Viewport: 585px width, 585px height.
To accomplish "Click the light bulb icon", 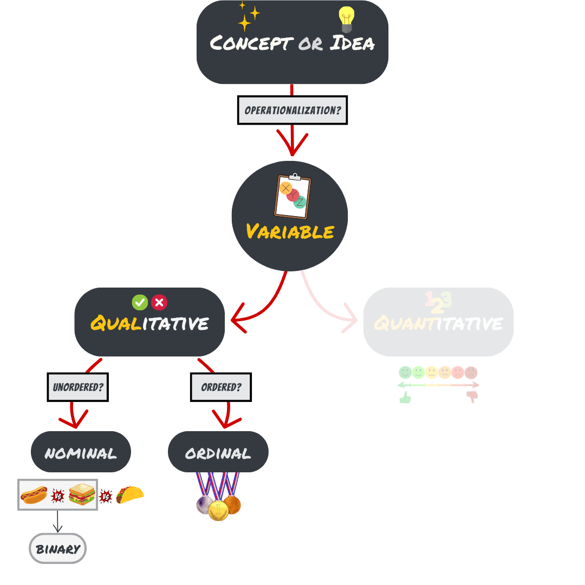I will pyautogui.click(x=346, y=20).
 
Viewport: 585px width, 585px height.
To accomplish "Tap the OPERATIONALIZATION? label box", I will pyautogui.click(x=292, y=110).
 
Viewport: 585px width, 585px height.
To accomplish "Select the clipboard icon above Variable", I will pyautogui.click(x=292, y=196).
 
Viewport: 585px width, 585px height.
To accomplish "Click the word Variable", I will pyautogui.click(x=290, y=232).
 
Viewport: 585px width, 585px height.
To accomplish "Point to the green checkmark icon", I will pyautogui.click(x=140, y=302).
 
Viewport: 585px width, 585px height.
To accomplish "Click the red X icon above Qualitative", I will pyautogui.click(x=159, y=302).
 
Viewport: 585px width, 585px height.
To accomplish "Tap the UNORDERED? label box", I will pyautogui.click(x=78, y=387).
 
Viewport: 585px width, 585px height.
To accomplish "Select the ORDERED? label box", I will pyautogui.click(x=221, y=387).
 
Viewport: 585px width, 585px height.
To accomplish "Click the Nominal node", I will pyautogui.click(x=81, y=452).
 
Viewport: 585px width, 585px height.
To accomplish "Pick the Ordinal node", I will pyautogui.click(x=218, y=452).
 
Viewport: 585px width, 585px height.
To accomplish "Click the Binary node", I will pyautogui.click(x=57, y=549).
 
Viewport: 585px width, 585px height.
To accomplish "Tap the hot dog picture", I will pyautogui.click(x=34, y=495).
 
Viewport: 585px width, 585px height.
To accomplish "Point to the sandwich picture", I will pyautogui.click(x=82, y=495).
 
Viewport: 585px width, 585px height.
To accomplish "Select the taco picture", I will pyautogui.click(x=130, y=494).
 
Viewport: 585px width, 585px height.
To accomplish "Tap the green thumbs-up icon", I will pyautogui.click(x=405, y=398).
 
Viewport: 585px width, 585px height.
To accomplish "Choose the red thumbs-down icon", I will pyautogui.click(x=472, y=397).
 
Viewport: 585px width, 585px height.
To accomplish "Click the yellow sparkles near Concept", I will pyautogui.click(x=248, y=16).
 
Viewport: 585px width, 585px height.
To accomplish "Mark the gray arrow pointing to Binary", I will pyautogui.click(x=57, y=522).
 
